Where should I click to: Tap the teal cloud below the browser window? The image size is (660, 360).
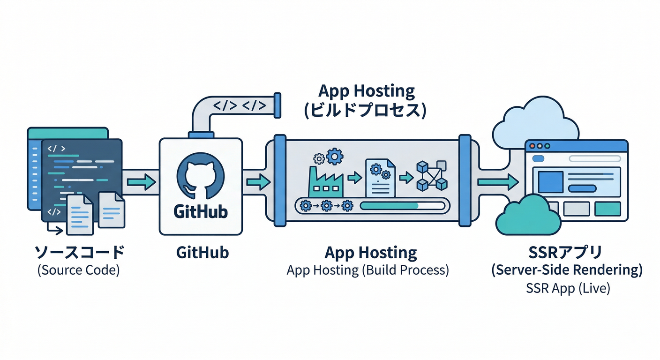[528, 216]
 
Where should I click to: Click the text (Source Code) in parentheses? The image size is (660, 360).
[78, 270]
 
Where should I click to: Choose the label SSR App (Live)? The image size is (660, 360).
[568, 288]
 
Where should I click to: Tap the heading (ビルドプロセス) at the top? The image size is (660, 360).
[365, 110]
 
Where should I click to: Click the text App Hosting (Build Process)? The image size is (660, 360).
[367, 270]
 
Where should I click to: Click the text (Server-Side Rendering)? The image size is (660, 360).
[567, 270]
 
